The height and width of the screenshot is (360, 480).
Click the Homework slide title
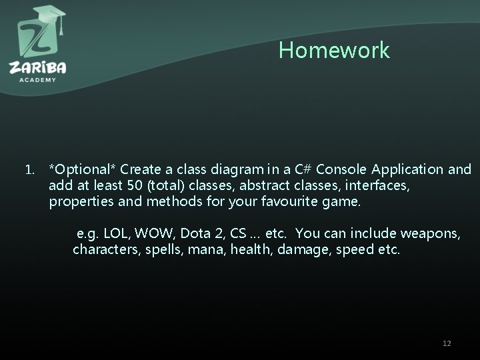pyautogui.click(x=334, y=51)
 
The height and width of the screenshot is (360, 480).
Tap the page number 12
pyautogui.click(x=447, y=343)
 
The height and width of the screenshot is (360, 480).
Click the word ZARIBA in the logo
pyautogui.click(x=37, y=67)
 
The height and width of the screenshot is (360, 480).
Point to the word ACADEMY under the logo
pyautogui.click(x=37, y=79)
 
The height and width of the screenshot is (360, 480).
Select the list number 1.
pyautogui.click(x=29, y=169)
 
